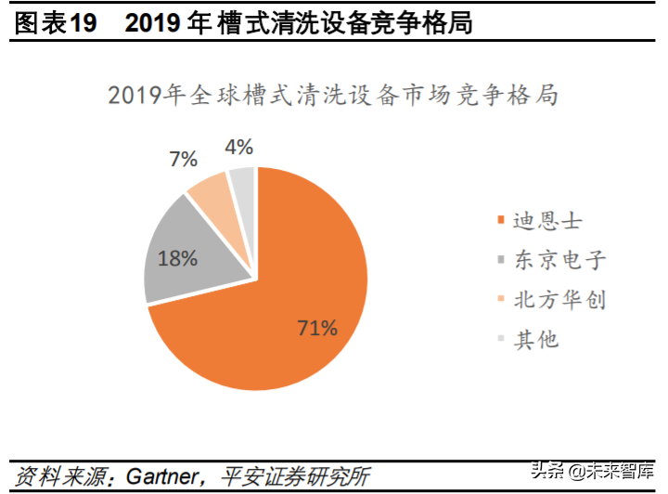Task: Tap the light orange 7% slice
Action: click(x=212, y=189)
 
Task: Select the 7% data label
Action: click(x=184, y=159)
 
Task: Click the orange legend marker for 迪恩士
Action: click(x=501, y=221)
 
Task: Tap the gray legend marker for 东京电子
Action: click(x=501, y=260)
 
